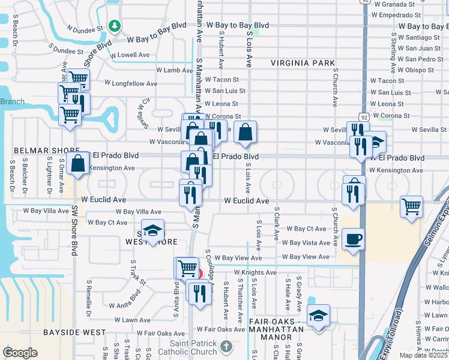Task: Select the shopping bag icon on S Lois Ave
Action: click(x=246, y=133)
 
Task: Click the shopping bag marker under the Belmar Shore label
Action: click(x=78, y=163)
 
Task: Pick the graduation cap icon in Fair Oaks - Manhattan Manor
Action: click(x=318, y=316)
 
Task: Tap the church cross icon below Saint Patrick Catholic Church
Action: click(x=226, y=347)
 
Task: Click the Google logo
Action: click(x=20, y=353)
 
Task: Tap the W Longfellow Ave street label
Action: click(x=131, y=83)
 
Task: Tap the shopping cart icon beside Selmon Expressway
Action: click(x=412, y=207)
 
